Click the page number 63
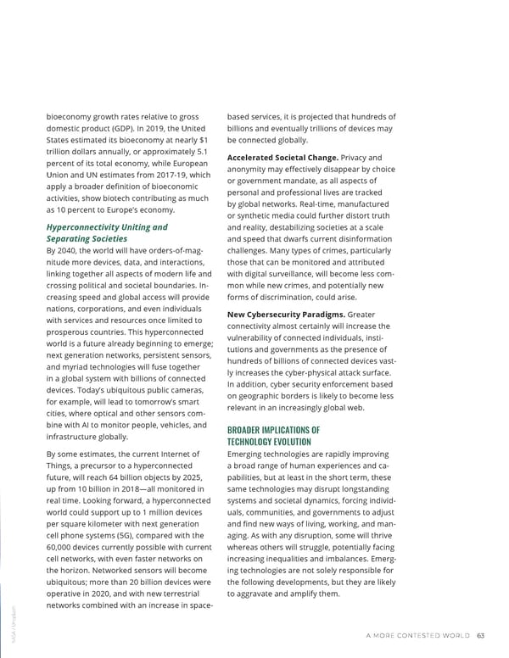(x=480, y=638)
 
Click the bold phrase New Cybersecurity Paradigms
(x=281, y=315)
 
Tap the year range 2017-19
(x=160, y=175)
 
